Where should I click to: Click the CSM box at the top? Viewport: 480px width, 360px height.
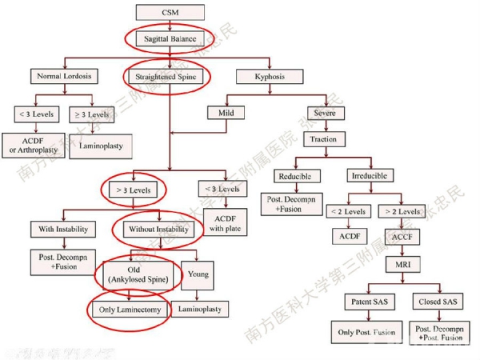(x=170, y=13)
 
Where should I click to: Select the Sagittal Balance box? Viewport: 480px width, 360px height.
(x=170, y=38)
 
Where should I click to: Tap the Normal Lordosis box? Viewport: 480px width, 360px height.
(x=64, y=77)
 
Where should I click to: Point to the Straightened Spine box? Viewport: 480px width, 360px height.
(x=170, y=77)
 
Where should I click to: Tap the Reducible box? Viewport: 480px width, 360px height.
(x=294, y=175)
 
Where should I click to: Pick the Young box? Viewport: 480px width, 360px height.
(x=198, y=274)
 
